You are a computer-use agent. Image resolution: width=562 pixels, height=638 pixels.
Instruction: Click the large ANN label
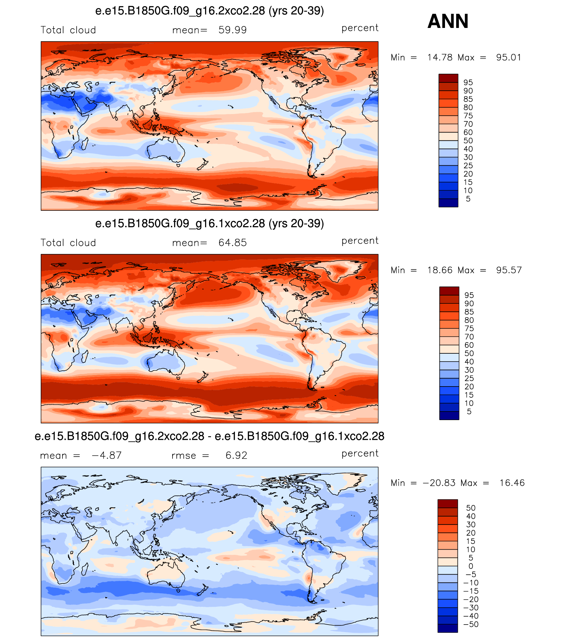448,21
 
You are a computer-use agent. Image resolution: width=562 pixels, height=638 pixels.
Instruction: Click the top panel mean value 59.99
232,30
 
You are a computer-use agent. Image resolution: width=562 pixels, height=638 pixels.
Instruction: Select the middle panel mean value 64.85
232,243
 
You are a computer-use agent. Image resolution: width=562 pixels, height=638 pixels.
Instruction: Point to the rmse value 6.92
236,455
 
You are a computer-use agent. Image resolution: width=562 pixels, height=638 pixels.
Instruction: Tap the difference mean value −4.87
107,455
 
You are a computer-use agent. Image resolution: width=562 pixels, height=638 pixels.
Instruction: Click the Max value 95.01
508,58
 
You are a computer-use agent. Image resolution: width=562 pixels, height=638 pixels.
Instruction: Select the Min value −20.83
439,483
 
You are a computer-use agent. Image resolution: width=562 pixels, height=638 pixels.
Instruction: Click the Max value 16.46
512,483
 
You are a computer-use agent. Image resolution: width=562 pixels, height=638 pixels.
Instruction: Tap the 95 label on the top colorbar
468,83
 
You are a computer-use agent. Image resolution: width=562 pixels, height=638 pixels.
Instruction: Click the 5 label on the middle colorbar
469,412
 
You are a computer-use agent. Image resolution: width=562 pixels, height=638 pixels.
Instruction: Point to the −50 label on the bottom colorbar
471,624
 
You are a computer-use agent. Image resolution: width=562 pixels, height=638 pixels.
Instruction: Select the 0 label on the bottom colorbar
471,566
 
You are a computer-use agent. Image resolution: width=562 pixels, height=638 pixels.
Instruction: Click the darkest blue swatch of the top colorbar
448,203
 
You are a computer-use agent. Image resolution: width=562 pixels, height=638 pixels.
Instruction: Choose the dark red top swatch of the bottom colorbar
448,504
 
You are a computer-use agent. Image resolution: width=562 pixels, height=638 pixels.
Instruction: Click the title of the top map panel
210,11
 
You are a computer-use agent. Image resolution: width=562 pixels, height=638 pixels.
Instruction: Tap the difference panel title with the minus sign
209,436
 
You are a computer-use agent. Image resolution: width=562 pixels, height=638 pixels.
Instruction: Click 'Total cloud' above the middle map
68,243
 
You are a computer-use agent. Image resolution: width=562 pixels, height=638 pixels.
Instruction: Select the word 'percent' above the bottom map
360,453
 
